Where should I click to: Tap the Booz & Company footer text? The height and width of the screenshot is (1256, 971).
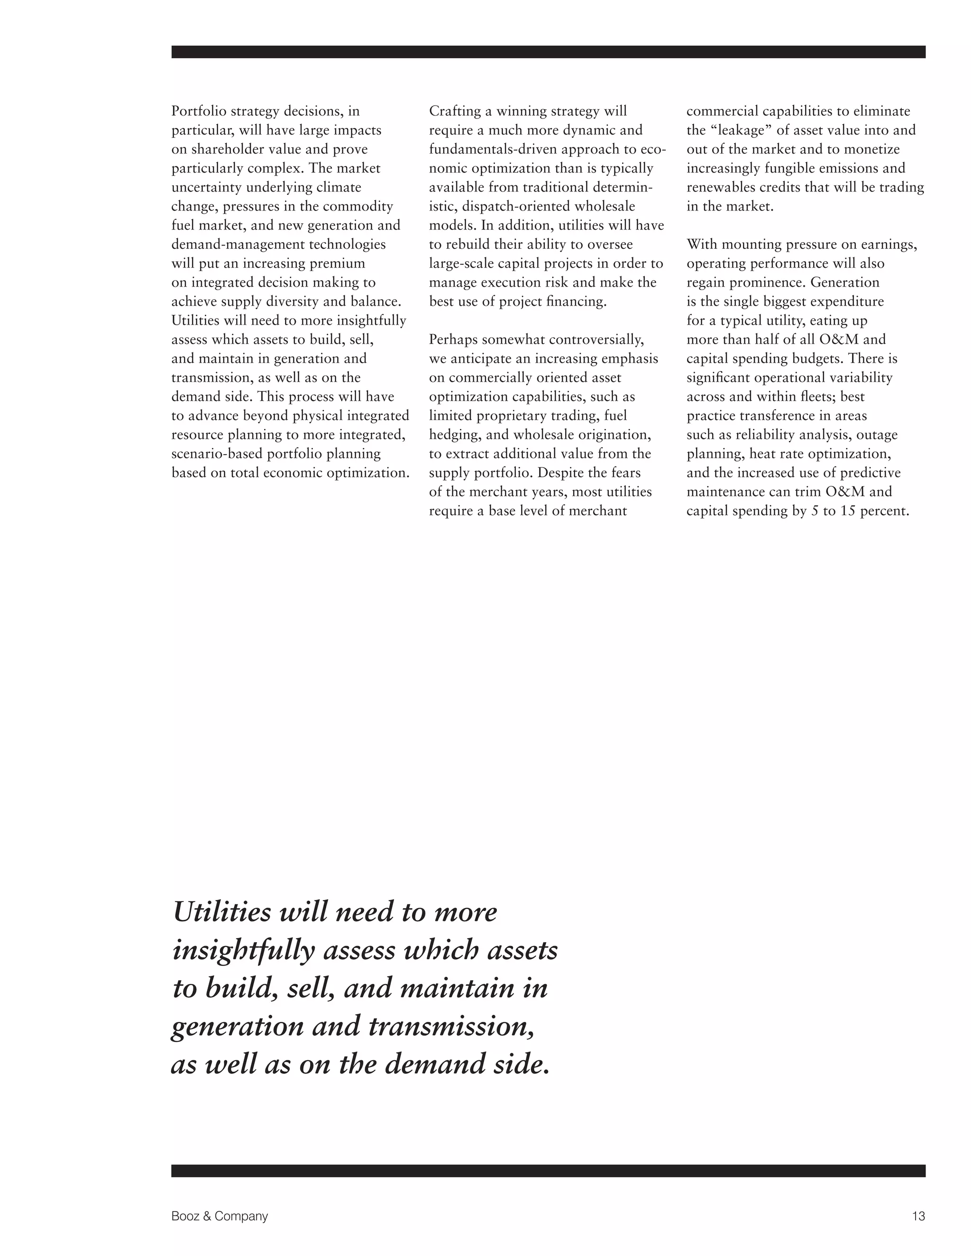[219, 1216]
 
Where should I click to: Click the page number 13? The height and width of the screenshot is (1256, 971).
[918, 1216]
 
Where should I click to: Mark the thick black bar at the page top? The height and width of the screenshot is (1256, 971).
[548, 52]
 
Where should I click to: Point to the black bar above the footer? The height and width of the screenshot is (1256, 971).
[548, 1171]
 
